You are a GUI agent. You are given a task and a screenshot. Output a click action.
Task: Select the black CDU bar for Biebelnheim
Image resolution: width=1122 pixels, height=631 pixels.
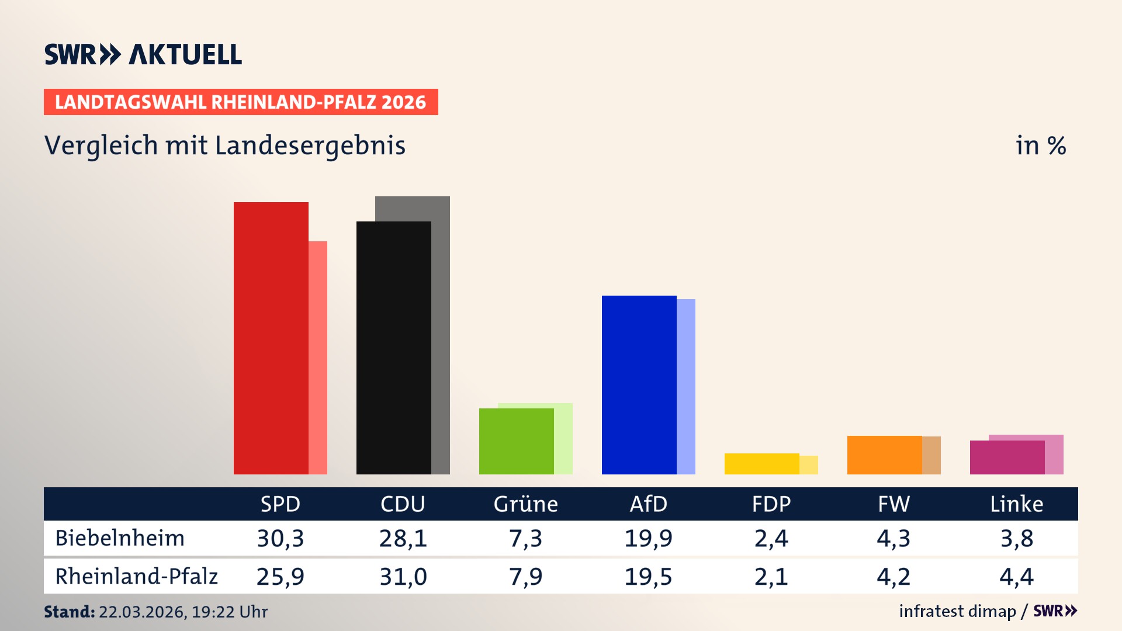[x=393, y=348]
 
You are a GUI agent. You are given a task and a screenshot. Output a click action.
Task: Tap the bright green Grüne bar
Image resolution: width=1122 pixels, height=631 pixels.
[x=516, y=441]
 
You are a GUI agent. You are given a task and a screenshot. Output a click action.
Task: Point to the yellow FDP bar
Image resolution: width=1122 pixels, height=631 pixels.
[x=761, y=464]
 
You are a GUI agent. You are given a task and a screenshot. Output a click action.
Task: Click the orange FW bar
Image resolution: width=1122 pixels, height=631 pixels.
[x=884, y=455]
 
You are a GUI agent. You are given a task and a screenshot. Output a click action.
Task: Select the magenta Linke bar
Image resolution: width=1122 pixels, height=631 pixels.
[x=1007, y=457]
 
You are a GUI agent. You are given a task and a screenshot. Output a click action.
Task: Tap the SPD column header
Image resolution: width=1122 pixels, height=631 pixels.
[x=280, y=504]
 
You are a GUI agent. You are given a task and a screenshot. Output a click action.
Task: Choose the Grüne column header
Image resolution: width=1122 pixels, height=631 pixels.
[x=525, y=504]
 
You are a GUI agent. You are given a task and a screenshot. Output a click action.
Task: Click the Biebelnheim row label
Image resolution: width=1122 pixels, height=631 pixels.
[x=120, y=538]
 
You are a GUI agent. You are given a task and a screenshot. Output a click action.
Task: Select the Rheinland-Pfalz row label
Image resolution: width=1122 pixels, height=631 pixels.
[x=136, y=577]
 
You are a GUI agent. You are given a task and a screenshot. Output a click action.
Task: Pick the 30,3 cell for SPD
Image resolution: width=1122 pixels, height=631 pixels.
[x=280, y=538]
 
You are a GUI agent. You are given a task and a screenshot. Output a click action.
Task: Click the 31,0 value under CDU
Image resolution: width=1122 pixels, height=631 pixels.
[x=403, y=577]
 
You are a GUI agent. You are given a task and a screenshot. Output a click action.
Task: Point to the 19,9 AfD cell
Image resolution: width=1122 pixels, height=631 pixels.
[x=648, y=538]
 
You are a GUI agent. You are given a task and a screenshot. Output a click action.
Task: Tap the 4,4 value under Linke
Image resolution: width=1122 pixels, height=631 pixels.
[x=1016, y=577]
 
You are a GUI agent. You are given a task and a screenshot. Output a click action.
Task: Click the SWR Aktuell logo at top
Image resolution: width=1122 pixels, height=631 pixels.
[x=143, y=54]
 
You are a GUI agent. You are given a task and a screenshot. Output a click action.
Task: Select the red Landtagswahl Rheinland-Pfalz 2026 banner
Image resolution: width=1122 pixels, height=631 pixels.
[x=241, y=102]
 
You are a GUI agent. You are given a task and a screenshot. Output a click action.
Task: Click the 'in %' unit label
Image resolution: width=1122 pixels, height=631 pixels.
[x=1040, y=145]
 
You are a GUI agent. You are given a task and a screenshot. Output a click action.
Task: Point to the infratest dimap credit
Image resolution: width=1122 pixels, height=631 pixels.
[x=957, y=611]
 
